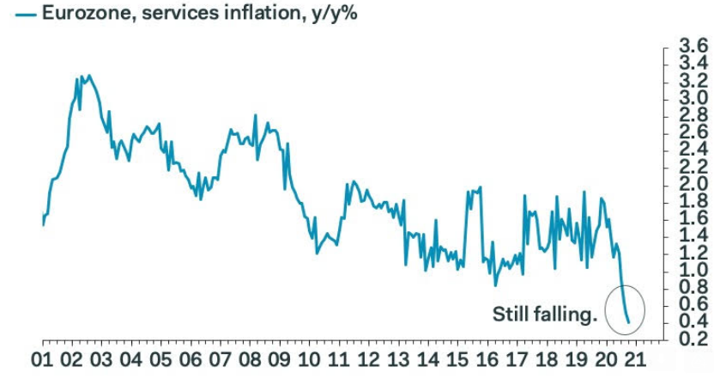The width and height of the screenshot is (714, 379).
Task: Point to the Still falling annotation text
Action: pyautogui.click(x=544, y=315)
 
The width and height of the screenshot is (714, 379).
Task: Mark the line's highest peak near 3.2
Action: pyautogui.click(x=89, y=76)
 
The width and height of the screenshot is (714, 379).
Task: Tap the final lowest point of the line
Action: pyautogui.click(x=629, y=322)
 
